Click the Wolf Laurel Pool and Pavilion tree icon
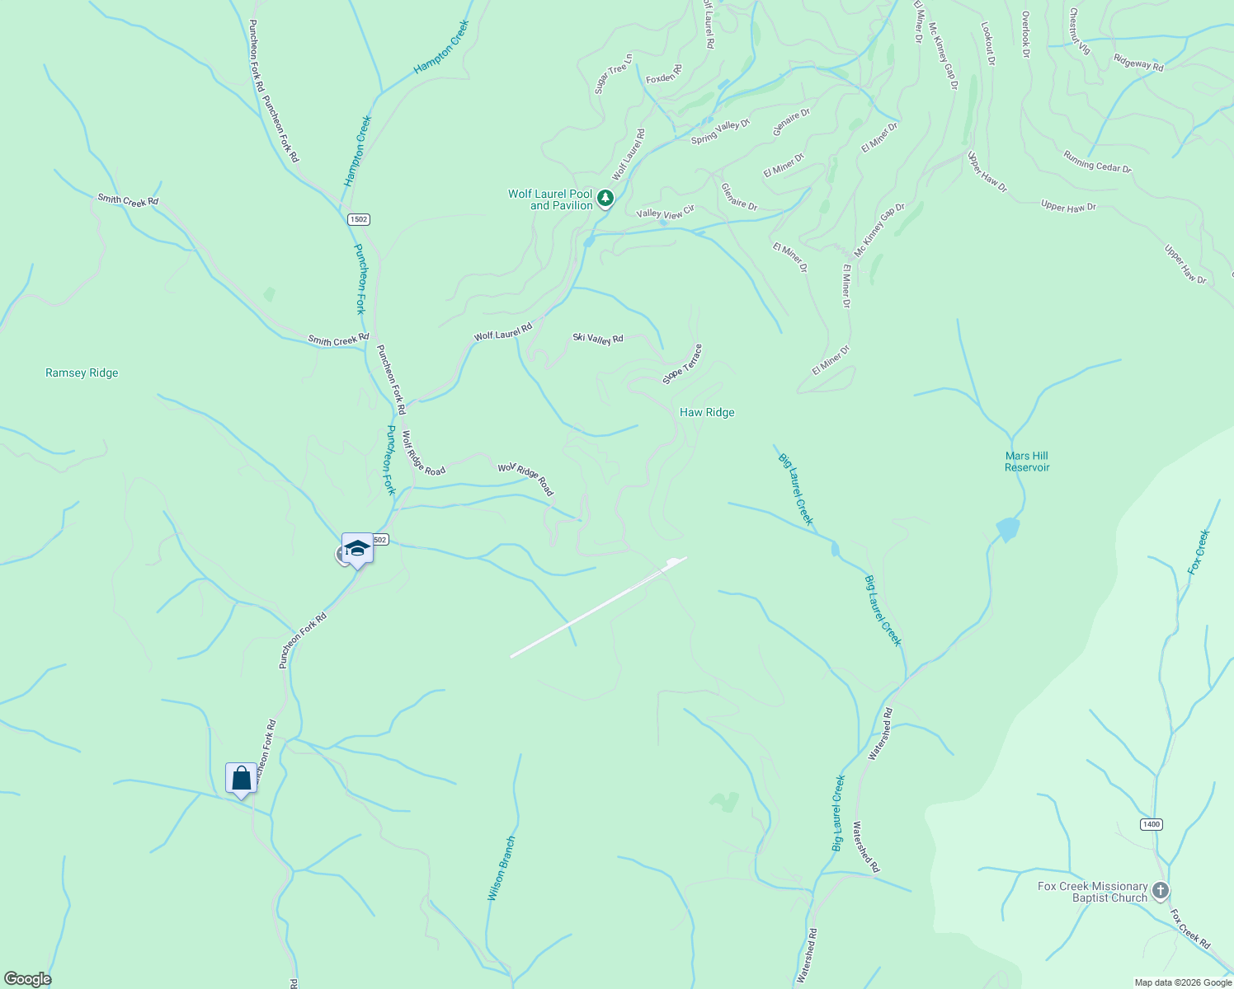coord(605,199)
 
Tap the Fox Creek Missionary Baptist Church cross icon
coord(1161,890)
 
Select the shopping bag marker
coord(241,778)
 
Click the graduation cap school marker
coord(357,548)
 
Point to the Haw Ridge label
coord(707,412)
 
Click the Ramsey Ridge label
coord(82,373)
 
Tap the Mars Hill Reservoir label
coord(1027,462)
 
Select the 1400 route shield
coord(1152,824)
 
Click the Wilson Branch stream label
coord(502,869)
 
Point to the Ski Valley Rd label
coord(598,338)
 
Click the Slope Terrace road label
coord(682,364)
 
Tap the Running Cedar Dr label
coord(1097,162)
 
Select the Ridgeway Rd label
coord(1138,62)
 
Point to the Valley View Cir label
coord(666,213)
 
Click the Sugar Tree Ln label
coord(614,73)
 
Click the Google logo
coord(27,979)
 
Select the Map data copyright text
coord(1182,982)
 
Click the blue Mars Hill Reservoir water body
coord(1007,529)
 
